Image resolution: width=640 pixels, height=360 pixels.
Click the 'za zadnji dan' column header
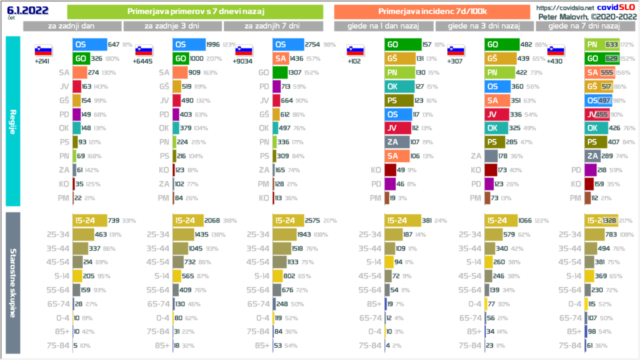(x=72, y=26)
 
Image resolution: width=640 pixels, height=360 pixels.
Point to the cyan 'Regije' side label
(x=12, y=120)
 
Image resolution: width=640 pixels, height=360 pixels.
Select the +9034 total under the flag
(x=244, y=62)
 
